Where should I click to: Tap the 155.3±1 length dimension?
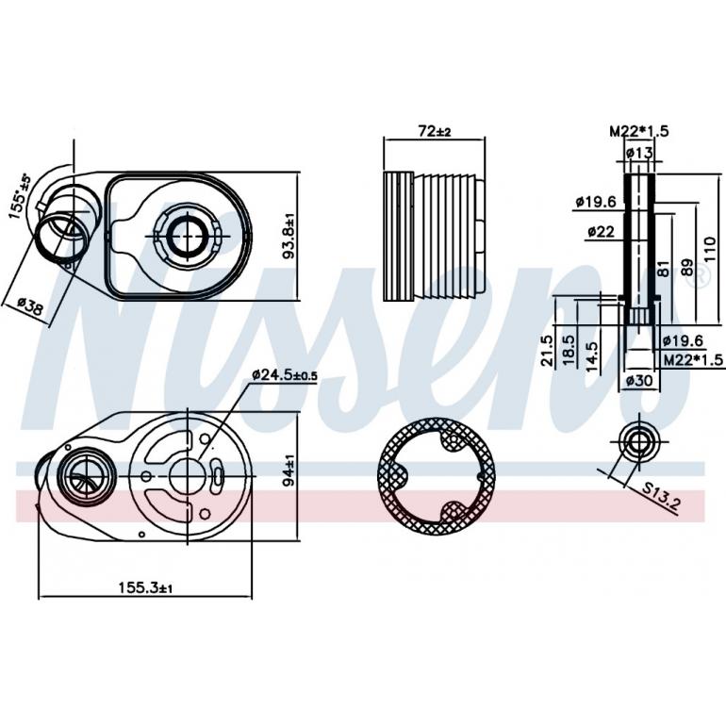tap(145, 587)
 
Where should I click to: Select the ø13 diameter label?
tap(639, 153)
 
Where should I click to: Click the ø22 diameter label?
tap(602, 231)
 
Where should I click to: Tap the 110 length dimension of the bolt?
tap(709, 250)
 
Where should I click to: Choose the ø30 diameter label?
tap(639, 381)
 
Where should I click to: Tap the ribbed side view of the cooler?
tap(435, 237)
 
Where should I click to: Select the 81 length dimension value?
tap(666, 268)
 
